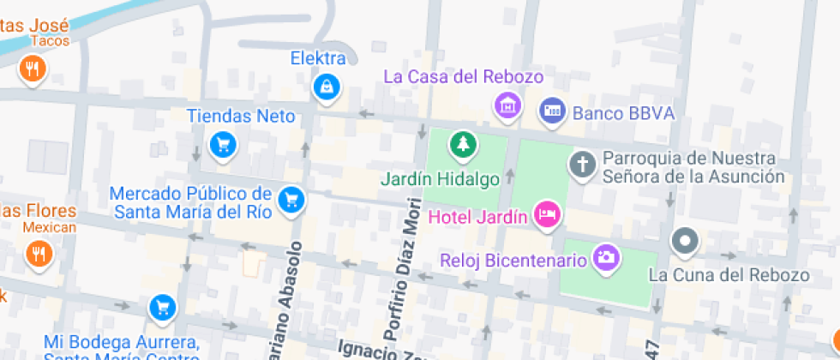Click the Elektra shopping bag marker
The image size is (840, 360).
326,86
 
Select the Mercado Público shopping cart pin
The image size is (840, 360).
292,199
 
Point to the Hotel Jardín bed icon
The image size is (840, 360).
546,214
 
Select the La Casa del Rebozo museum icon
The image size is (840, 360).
507,105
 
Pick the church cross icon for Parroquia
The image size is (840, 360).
583,163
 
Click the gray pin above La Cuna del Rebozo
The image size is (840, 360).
685,243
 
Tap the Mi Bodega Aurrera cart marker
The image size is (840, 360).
161,306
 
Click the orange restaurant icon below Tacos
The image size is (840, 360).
33,69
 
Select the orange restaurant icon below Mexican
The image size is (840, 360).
38,253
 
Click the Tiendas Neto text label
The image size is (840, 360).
241,117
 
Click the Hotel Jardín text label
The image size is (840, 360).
477,216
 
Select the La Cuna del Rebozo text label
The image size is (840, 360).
729,275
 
